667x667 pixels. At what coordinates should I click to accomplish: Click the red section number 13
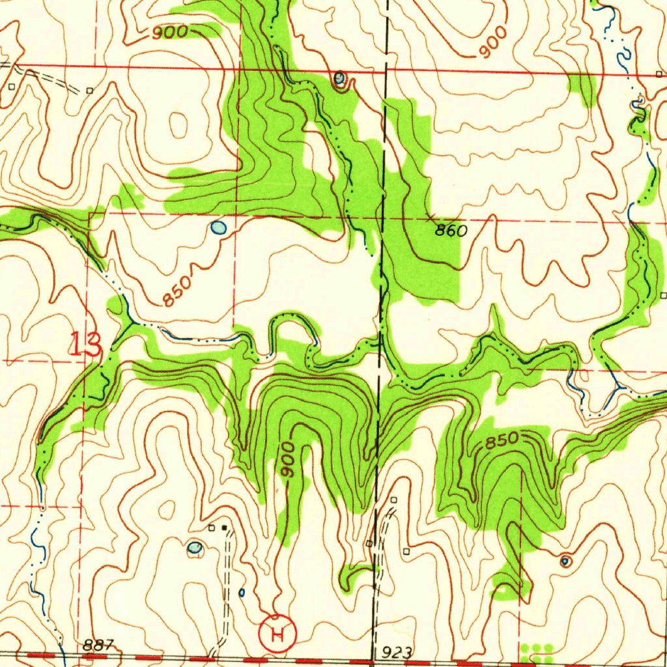click(86, 343)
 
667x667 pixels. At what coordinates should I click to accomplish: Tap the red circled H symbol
click(277, 632)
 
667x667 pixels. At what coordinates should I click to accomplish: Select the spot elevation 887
click(98, 645)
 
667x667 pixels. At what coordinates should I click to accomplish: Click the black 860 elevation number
click(451, 231)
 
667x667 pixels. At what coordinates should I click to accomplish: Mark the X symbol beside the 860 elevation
click(430, 216)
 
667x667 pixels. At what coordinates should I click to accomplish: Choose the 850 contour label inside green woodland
click(501, 441)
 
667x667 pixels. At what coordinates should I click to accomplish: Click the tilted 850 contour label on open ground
click(177, 291)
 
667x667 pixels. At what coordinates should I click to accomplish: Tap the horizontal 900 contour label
click(170, 32)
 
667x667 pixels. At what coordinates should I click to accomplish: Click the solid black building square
click(225, 527)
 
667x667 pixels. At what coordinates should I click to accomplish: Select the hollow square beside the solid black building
click(211, 527)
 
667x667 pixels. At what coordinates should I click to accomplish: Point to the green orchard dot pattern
click(537, 650)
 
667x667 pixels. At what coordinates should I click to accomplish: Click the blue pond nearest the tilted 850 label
click(218, 228)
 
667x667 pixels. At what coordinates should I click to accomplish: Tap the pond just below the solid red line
click(339, 79)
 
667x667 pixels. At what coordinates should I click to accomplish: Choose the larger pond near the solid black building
click(194, 547)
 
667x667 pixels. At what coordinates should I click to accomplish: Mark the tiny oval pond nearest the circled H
click(242, 592)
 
